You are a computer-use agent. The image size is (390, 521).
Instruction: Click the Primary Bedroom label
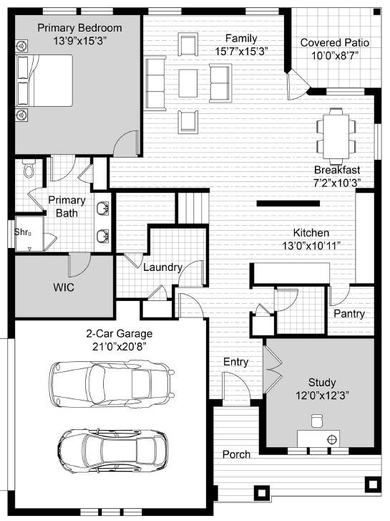tap(79, 28)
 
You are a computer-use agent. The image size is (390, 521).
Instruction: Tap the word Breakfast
tap(336, 170)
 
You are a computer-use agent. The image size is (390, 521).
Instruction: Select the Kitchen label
tap(311, 233)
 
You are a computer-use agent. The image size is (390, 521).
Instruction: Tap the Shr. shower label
tap(22, 231)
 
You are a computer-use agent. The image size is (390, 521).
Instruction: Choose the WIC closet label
tap(64, 287)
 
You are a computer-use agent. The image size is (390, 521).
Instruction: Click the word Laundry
tap(162, 267)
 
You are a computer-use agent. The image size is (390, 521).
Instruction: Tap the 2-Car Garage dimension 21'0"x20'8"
tap(120, 347)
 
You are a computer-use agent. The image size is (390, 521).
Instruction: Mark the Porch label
tap(236, 454)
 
